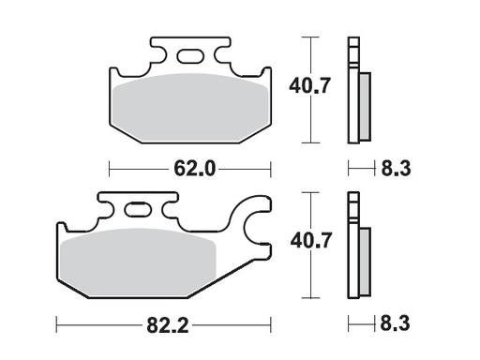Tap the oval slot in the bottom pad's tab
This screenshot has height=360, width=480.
138,209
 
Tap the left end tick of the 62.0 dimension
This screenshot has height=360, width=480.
111,170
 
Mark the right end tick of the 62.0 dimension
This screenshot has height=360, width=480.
271,170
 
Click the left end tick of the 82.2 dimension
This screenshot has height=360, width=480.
57,327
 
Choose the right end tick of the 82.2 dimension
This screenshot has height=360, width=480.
271,327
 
